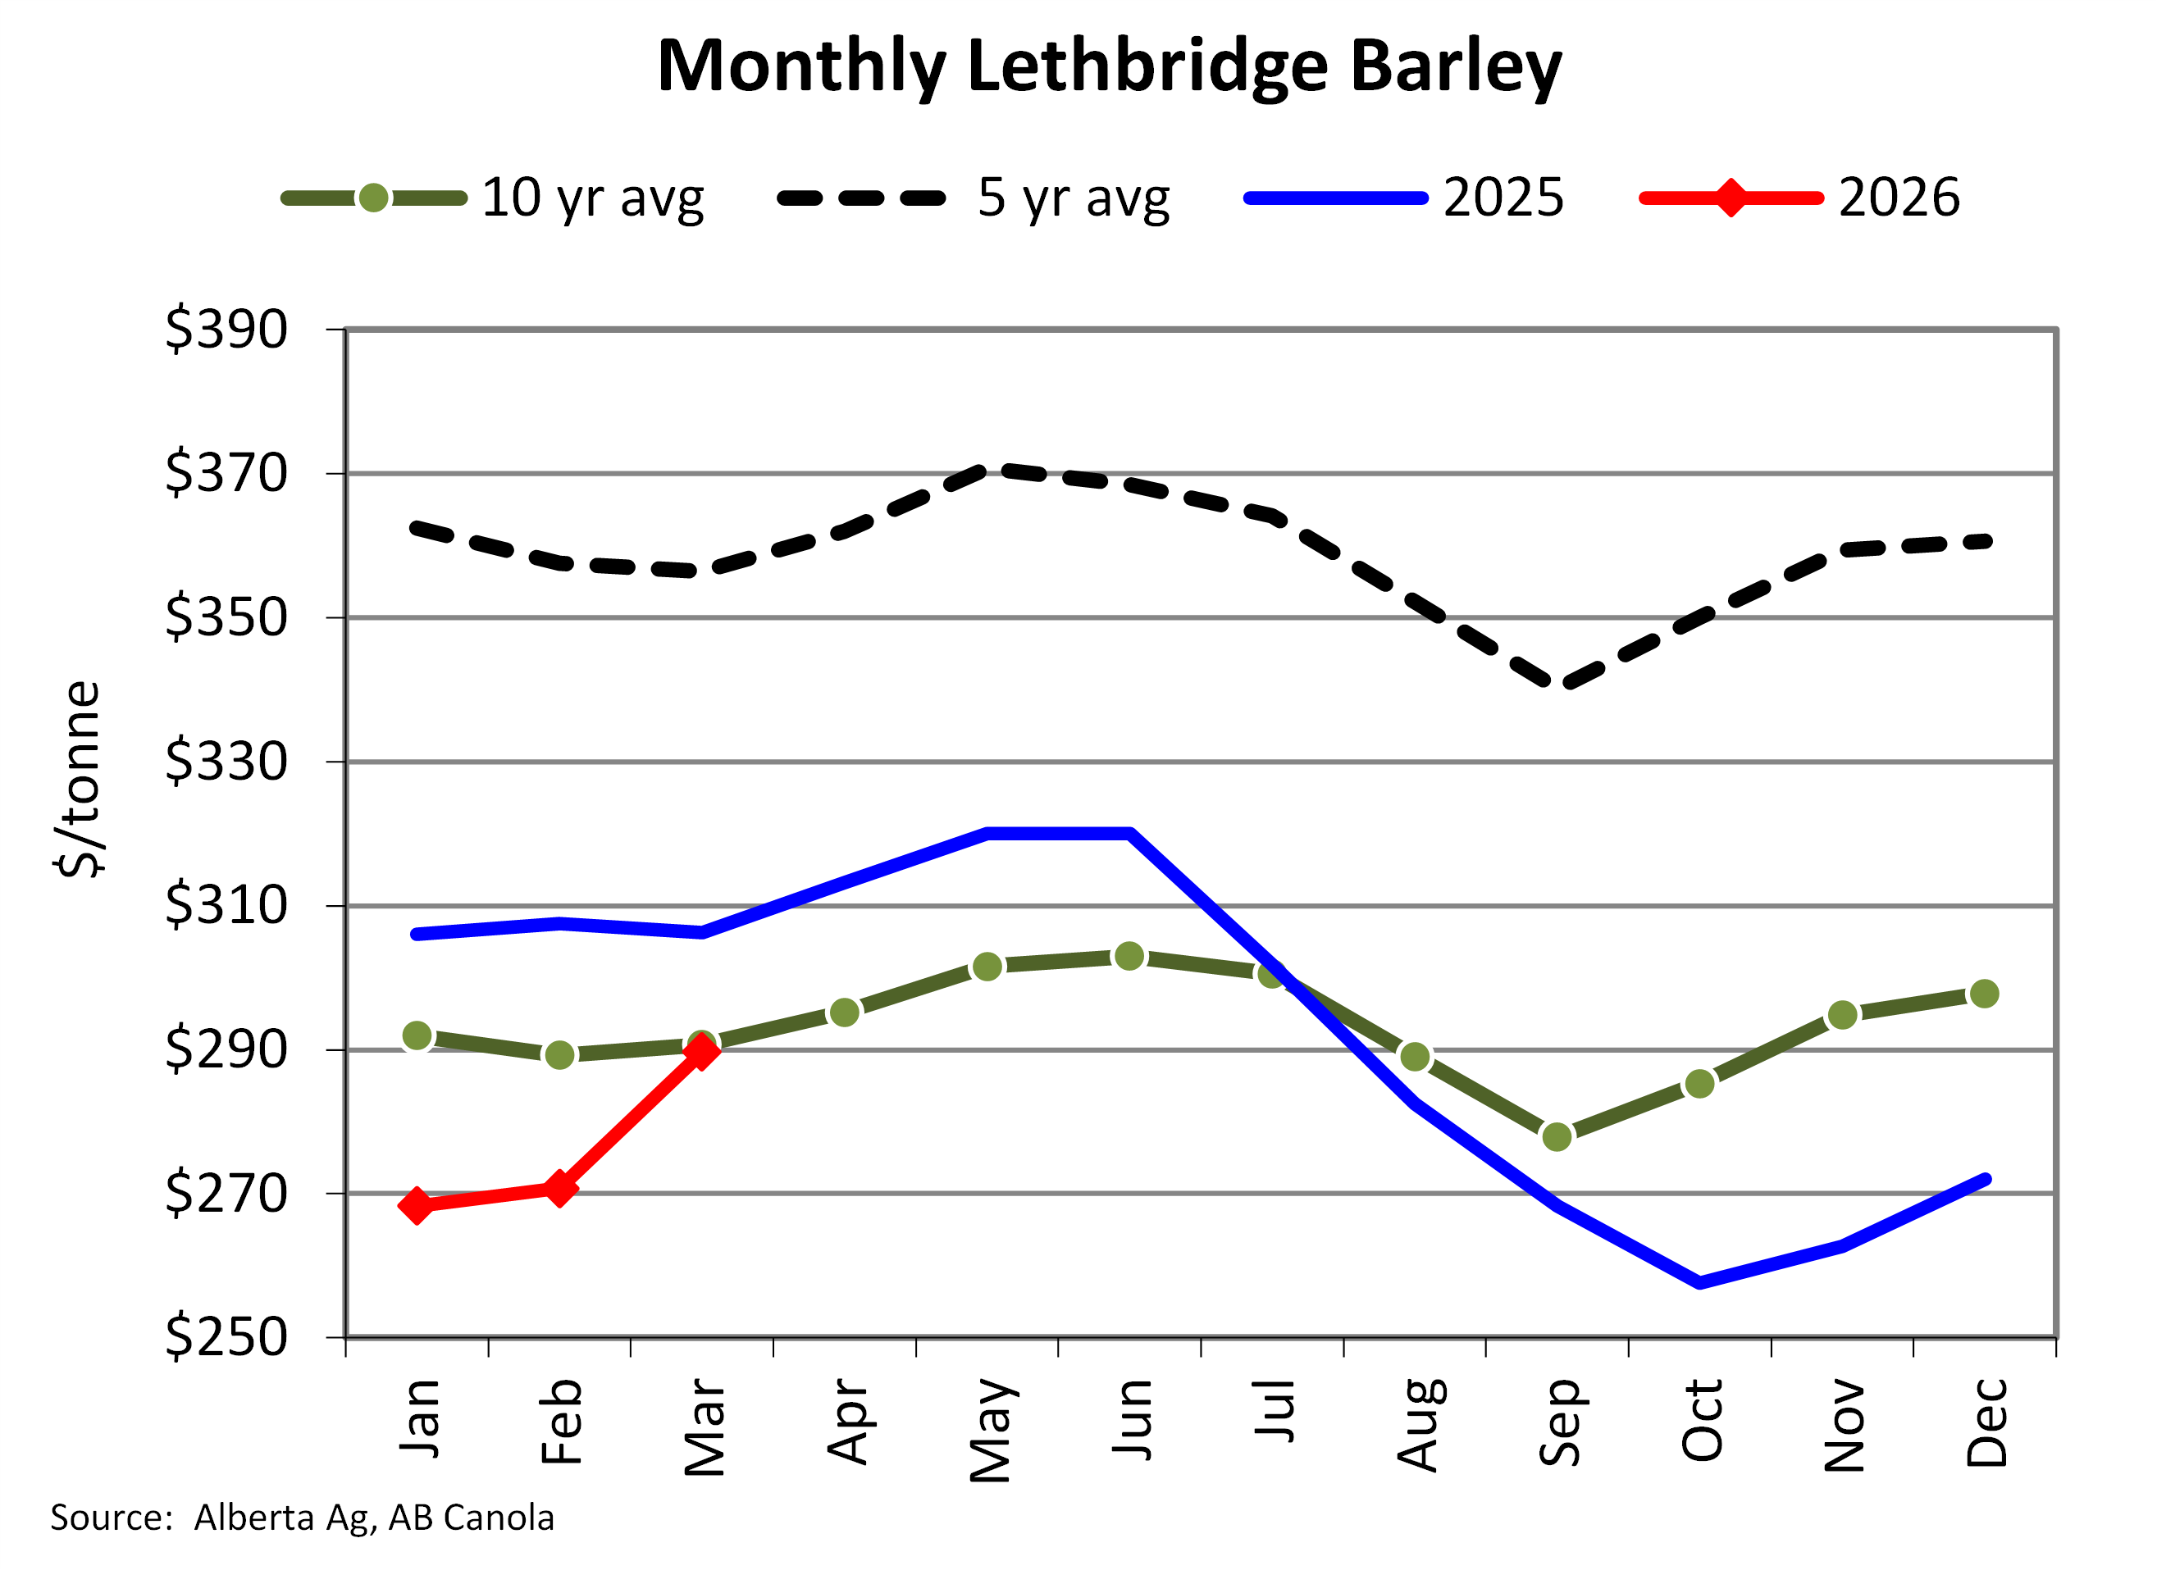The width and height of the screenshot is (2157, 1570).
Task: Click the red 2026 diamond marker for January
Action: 416,1206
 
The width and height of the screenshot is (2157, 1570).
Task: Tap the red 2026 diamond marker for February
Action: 559,1188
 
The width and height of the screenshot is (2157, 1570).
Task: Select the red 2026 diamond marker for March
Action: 702,1051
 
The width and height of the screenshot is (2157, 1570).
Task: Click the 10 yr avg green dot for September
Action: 1557,1136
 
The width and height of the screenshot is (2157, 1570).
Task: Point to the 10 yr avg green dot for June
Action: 1129,956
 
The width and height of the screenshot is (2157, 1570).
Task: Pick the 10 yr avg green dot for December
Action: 1984,994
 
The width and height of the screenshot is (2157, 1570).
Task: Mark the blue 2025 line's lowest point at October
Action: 1699,1283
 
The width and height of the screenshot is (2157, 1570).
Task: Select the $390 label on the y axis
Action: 226,329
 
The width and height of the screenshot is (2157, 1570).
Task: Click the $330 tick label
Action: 226,761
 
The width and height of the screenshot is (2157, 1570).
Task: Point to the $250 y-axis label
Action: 226,1336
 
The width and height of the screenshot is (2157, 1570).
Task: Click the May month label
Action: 990,1429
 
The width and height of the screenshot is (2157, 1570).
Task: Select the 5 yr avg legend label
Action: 1073,197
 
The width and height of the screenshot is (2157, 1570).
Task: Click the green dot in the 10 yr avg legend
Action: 374,198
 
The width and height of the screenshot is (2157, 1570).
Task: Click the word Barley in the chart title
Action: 1455,66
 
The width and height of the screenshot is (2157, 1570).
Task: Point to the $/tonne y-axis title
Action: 78,779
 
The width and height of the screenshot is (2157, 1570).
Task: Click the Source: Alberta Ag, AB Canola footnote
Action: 303,1517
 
